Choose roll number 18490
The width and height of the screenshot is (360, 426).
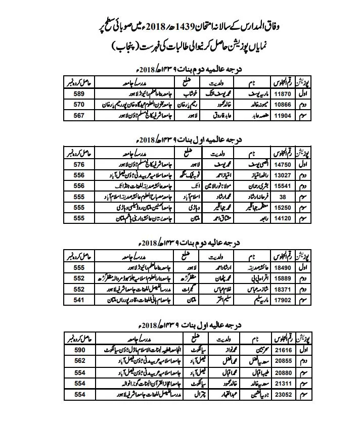(280, 266)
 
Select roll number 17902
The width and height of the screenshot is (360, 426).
(280, 300)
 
